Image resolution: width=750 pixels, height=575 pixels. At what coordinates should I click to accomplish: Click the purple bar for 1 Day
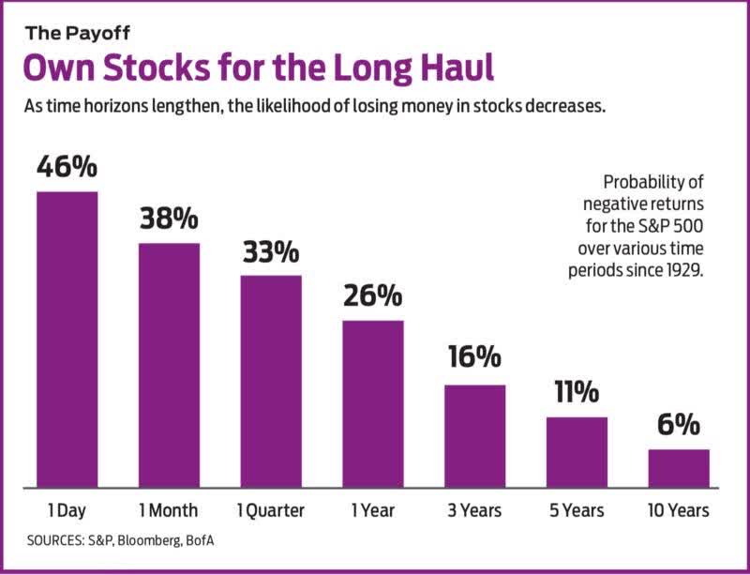pyautogui.click(x=67, y=339)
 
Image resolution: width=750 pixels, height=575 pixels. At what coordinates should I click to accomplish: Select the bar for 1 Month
pyautogui.click(x=169, y=365)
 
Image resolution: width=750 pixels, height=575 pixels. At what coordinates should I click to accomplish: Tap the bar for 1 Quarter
pyautogui.click(x=271, y=381)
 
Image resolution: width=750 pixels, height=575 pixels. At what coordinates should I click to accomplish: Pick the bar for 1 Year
pyautogui.click(x=372, y=403)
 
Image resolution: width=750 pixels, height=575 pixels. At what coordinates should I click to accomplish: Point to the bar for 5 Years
pyautogui.click(x=577, y=452)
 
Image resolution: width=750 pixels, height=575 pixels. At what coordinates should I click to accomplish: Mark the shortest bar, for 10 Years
pyautogui.click(x=679, y=468)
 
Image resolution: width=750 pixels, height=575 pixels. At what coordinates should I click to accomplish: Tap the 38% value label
pyautogui.click(x=169, y=219)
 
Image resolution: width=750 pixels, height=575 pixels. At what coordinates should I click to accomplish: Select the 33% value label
pyautogui.click(x=271, y=251)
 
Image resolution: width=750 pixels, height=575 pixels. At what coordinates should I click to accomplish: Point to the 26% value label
pyautogui.click(x=372, y=295)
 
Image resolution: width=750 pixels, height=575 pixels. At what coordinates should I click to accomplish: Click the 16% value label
pyautogui.click(x=474, y=360)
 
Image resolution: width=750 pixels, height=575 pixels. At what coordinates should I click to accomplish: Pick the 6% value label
pyautogui.click(x=679, y=425)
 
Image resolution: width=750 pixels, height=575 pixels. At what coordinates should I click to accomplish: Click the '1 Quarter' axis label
pyautogui.click(x=271, y=511)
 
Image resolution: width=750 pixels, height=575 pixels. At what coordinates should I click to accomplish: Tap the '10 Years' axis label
pyautogui.click(x=679, y=511)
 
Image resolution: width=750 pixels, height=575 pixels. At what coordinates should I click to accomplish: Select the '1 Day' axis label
pyautogui.click(x=67, y=511)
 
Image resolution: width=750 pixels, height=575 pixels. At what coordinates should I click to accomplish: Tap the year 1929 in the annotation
pyautogui.click(x=681, y=270)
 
